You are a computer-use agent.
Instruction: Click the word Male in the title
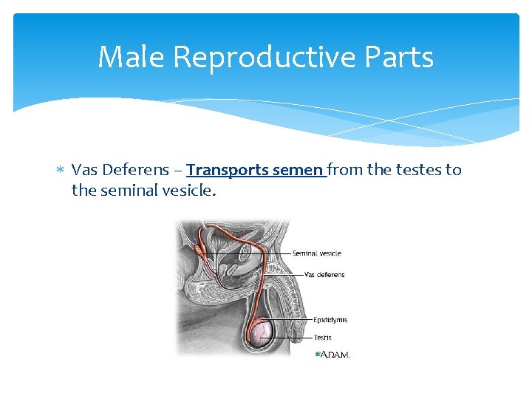point(126,57)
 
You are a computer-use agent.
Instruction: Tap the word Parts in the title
point(403,57)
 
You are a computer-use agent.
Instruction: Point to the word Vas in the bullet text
point(84,170)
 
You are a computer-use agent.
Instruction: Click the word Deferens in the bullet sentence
point(130,170)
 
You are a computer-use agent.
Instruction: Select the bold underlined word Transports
point(227,170)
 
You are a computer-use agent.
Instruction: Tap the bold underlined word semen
point(297,170)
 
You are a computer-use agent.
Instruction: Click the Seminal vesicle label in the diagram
point(316,253)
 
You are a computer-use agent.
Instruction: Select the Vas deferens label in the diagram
point(324,275)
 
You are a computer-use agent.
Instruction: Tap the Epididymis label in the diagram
point(330,320)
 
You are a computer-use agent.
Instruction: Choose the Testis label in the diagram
point(322,338)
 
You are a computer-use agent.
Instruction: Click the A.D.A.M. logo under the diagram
point(333,355)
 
